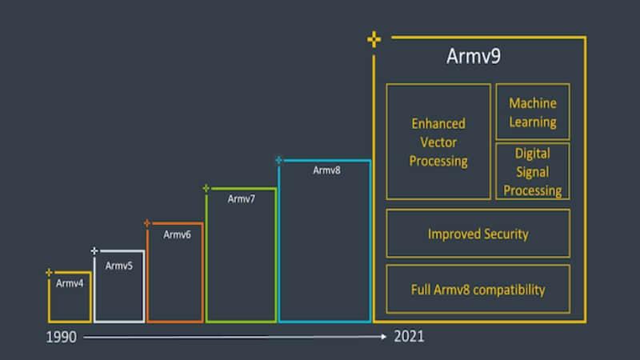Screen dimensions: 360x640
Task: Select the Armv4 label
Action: tap(70, 283)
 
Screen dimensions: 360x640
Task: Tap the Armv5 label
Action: tap(119, 266)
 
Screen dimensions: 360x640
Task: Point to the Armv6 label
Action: tap(177, 234)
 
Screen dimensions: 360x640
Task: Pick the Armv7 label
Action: tap(242, 198)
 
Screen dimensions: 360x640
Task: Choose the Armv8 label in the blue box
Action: tap(326, 170)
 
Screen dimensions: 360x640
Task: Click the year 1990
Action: tap(62, 337)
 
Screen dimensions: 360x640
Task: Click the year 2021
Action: tap(409, 336)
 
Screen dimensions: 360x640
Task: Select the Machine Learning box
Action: tap(533, 112)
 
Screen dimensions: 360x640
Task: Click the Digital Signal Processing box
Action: tap(533, 170)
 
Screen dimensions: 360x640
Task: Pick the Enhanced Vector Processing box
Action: tap(438, 142)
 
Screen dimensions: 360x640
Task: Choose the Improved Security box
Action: tap(478, 234)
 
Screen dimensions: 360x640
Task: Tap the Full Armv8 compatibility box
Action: tap(478, 289)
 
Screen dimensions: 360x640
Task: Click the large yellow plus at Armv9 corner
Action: tap(374, 39)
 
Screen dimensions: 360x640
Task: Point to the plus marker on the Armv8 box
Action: tap(278, 160)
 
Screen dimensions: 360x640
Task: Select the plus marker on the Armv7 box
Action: tap(206, 188)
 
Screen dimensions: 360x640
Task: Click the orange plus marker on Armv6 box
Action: tap(147, 223)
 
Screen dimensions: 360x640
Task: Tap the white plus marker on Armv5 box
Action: tap(94, 251)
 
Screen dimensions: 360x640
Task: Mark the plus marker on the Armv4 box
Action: tap(50, 273)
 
